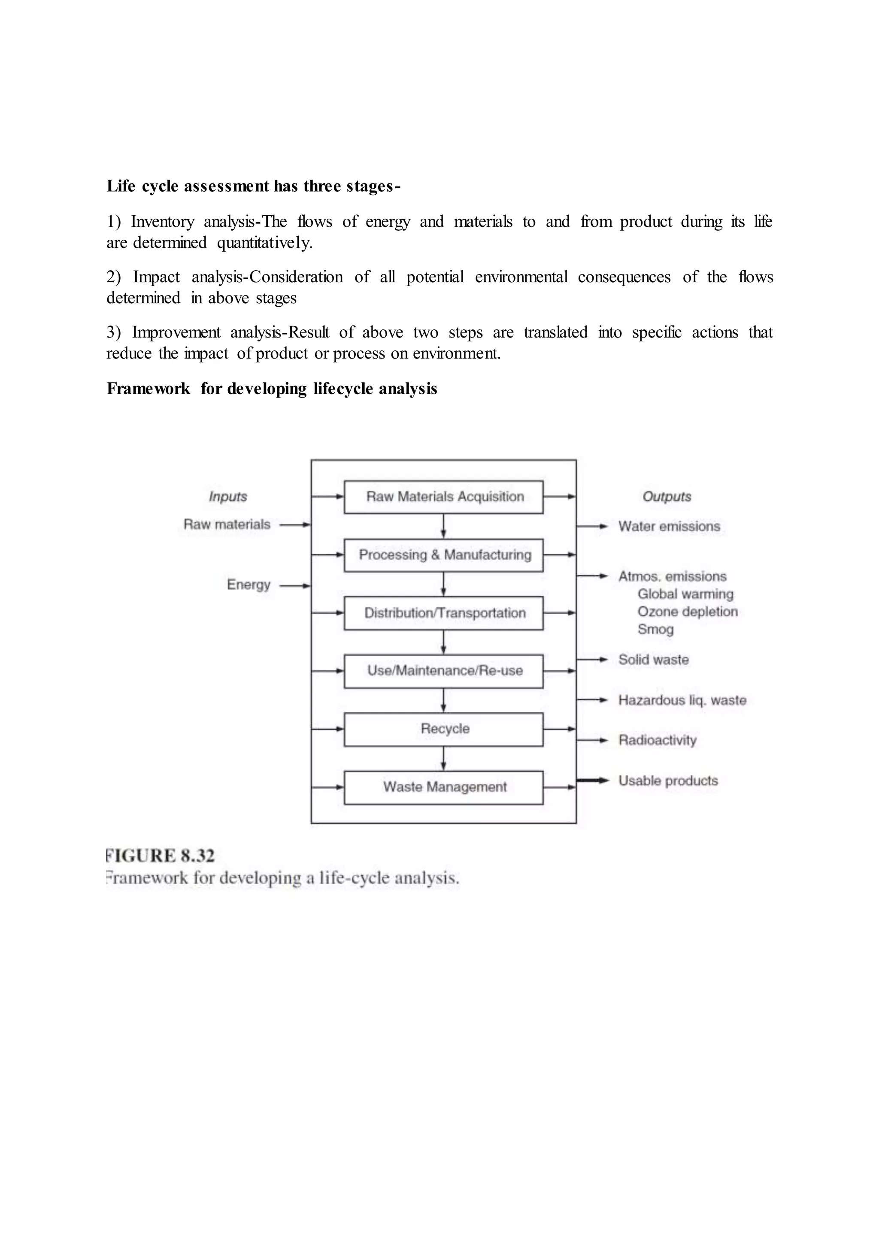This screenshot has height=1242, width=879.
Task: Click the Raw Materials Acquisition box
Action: click(444, 497)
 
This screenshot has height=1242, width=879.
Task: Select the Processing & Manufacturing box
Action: click(444, 555)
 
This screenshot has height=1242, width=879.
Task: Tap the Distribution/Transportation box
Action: click(444, 613)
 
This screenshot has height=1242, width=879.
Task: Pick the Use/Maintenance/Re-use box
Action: click(444, 671)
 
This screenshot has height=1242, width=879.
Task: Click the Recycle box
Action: click(444, 729)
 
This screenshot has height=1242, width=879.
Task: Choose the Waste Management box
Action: click(444, 787)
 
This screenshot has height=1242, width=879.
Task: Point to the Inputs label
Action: click(228, 497)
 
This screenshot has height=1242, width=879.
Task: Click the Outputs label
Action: click(667, 497)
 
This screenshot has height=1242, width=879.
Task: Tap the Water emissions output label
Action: click(669, 526)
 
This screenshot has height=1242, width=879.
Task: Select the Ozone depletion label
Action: click(688, 612)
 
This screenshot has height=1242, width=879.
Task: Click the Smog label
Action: click(655, 629)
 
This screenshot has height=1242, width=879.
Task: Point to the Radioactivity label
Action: click(658, 740)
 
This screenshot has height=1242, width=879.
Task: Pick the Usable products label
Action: click(668, 781)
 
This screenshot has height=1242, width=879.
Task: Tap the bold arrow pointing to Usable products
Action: click(593, 780)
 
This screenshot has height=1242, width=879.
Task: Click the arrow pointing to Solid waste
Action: click(593, 660)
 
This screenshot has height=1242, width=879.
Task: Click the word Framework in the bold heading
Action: click(149, 389)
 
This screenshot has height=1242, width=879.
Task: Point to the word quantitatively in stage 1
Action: click(265, 243)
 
